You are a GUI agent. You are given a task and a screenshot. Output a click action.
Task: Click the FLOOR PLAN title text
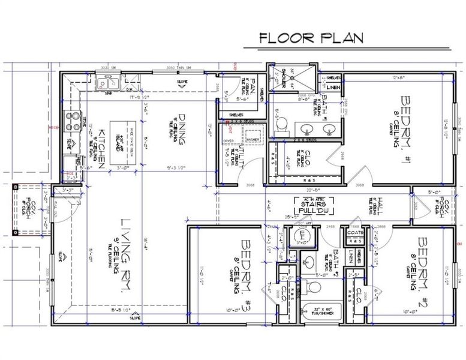311,37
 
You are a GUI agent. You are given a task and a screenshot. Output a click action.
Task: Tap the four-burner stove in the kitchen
72,121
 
